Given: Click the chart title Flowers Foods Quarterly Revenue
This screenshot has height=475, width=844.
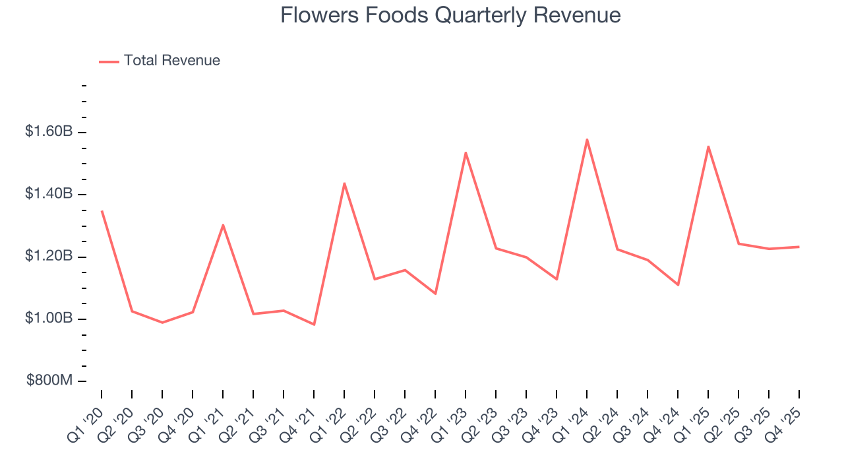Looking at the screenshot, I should point(450,15).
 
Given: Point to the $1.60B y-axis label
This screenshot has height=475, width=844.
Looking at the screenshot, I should point(49,132).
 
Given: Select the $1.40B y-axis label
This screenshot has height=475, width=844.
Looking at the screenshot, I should point(49,194).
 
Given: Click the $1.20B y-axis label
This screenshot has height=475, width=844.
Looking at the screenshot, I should point(49,257).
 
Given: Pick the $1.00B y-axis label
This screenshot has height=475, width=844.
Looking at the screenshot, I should point(49,319).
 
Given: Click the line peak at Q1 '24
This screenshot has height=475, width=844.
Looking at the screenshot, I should point(587,140).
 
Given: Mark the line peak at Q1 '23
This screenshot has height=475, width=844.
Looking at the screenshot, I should point(466,153).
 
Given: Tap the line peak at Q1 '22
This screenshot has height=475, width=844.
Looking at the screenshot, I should point(344,183).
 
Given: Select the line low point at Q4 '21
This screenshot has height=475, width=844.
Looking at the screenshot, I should point(314,325).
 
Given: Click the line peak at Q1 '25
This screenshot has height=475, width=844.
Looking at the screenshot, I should point(708,146).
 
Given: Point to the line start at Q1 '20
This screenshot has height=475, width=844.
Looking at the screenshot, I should point(102,211).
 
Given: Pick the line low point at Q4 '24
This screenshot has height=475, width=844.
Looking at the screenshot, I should point(678,285).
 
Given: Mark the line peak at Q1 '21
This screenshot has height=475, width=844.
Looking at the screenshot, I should point(223,225).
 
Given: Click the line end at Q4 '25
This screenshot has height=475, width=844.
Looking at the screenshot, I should point(799,247).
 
